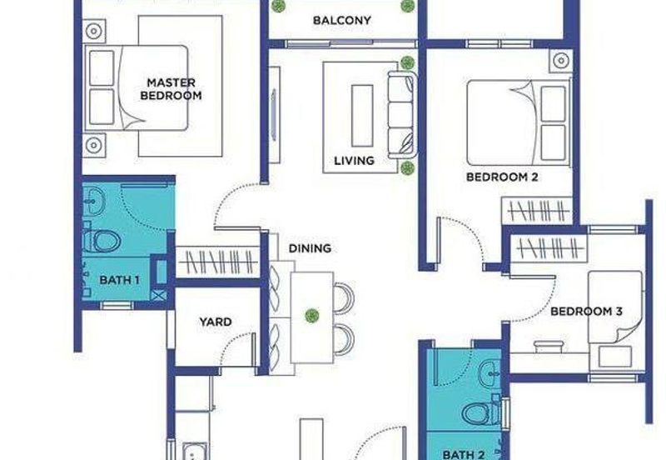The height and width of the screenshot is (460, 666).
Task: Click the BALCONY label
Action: tap(342, 20)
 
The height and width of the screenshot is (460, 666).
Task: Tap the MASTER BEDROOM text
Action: tap(171, 89)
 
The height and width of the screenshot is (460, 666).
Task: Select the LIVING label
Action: tap(355, 161)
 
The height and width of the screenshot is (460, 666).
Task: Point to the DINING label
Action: tap(310, 248)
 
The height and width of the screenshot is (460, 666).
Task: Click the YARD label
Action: tap(216, 322)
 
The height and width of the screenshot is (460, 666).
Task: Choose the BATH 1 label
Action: tap(119, 280)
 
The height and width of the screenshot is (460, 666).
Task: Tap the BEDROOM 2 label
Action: tap(502, 177)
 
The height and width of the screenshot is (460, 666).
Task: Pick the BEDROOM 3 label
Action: tap(586, 311)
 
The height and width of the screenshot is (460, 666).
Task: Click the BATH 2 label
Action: tap(464, 455)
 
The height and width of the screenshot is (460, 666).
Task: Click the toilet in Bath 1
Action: tap(102, 241)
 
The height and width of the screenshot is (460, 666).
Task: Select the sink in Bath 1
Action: tap(93, 200)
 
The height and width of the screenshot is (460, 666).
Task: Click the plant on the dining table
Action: tap(312, 316)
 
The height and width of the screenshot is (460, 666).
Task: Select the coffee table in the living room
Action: tap(362, 116)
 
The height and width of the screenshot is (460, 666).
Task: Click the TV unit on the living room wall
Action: tap(274, 115)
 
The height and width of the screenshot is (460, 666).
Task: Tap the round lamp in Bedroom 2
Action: tap(561, 60)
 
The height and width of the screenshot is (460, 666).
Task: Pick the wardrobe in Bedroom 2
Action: tap(538, 211)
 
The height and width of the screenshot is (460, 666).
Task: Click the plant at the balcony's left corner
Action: tap(278, 6)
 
